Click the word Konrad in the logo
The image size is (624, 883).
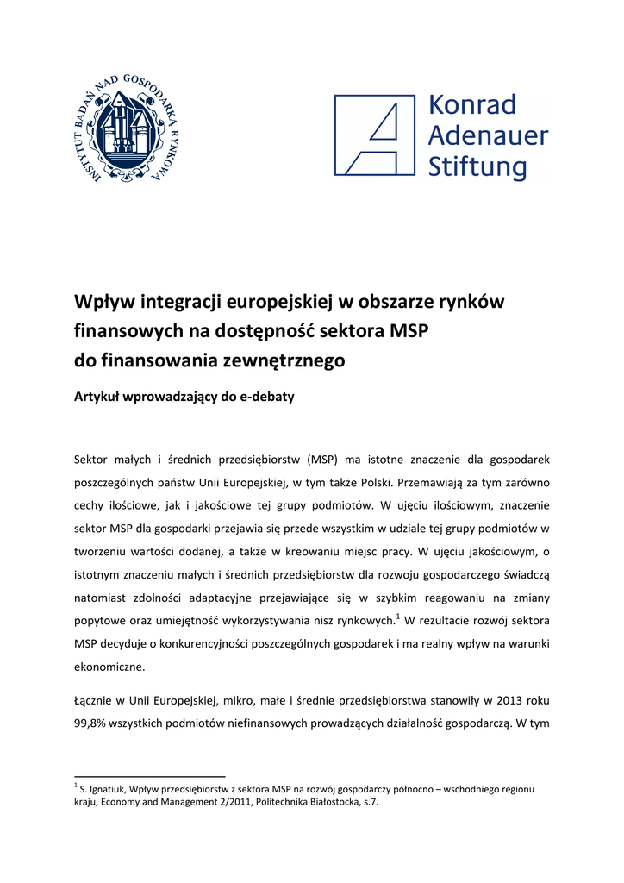point(472,105)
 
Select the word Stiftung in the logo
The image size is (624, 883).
point(477,166)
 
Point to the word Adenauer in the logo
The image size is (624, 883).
point(488,135)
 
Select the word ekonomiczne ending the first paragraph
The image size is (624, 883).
point(109,667)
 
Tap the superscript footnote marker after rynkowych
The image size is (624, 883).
point(398,616)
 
